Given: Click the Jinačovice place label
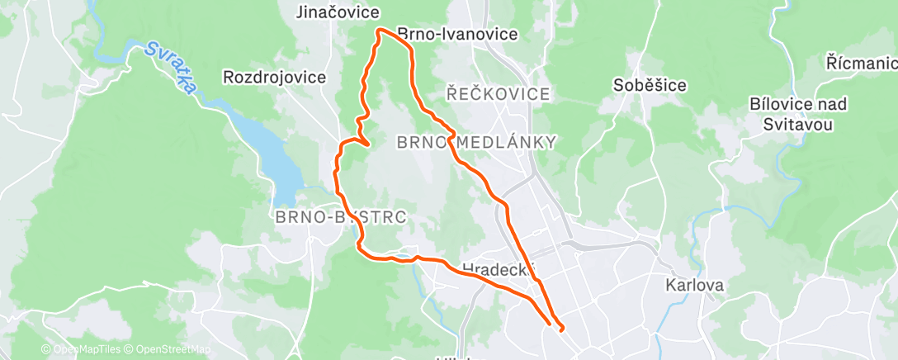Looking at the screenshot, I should [339, 12].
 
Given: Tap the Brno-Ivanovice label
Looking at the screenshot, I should [457, 35].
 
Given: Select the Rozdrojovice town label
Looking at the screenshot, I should [274, 78].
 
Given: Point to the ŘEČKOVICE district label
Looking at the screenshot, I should [498, 94].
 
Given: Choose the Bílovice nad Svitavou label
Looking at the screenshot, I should [792, 115].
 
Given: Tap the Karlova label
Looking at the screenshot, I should [696, 286].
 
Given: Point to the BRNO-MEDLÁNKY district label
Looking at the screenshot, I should [477, 142].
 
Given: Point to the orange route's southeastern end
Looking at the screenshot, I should [562, 329].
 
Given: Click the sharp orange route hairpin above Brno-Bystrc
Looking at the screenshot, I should [366, 147].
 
